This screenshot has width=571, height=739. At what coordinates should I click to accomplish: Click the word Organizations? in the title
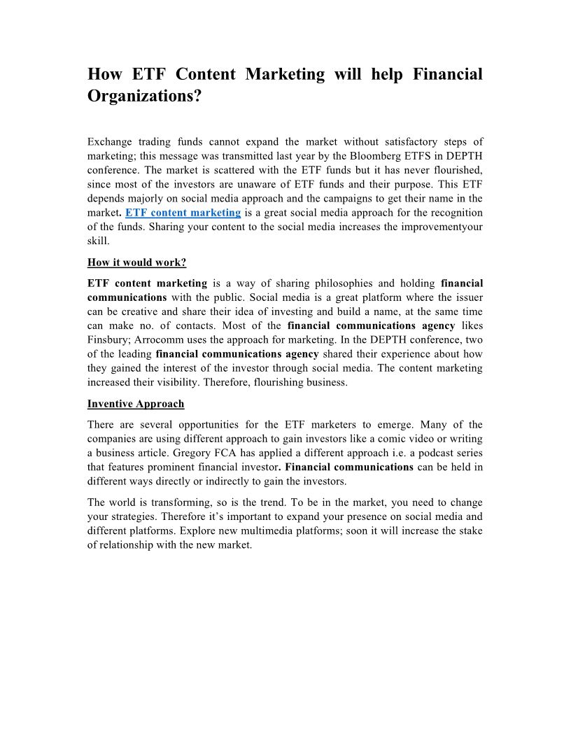(x=144, y=96)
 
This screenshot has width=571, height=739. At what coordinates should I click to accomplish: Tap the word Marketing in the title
(x=285, y=74)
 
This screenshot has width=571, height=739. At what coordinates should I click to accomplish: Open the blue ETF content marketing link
(x=183, y=212)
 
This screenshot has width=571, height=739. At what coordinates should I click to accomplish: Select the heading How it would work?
(x=136, y=262)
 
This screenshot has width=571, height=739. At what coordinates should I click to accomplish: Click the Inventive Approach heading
(x=136, y=404)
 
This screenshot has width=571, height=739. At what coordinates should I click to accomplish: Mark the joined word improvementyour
(x=448, y=226)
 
